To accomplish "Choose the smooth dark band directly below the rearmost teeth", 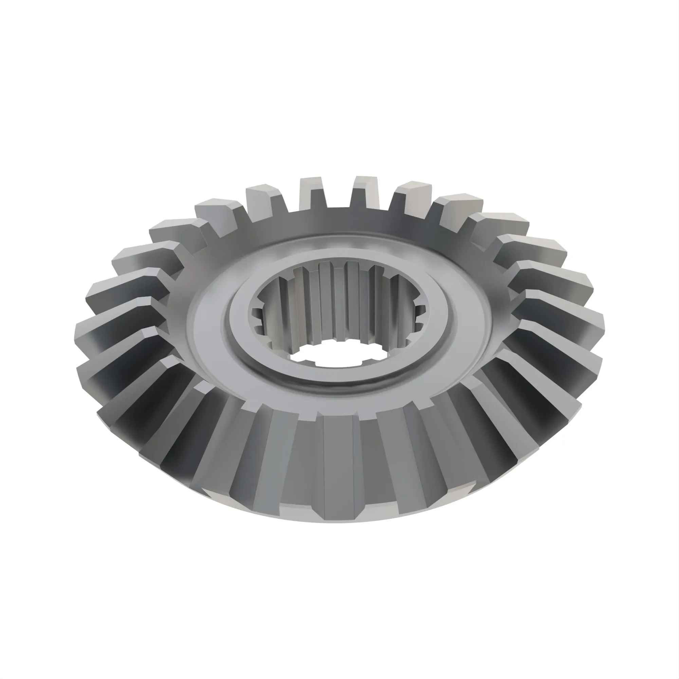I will [339, 220].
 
